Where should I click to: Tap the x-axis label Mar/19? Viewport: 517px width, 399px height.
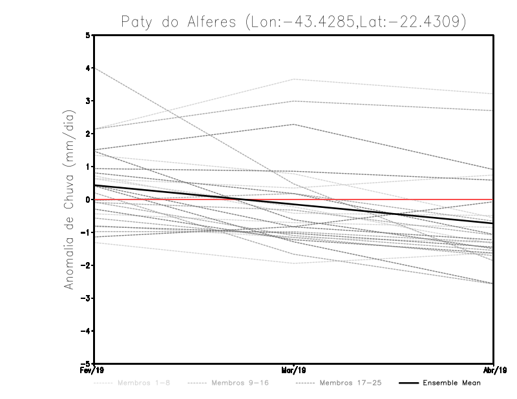pos(294,371)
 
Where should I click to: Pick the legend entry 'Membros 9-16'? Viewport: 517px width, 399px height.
pos(240,383)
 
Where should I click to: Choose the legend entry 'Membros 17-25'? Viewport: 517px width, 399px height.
pos(351,383)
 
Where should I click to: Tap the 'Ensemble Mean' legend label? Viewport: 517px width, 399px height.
pos(451,383)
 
